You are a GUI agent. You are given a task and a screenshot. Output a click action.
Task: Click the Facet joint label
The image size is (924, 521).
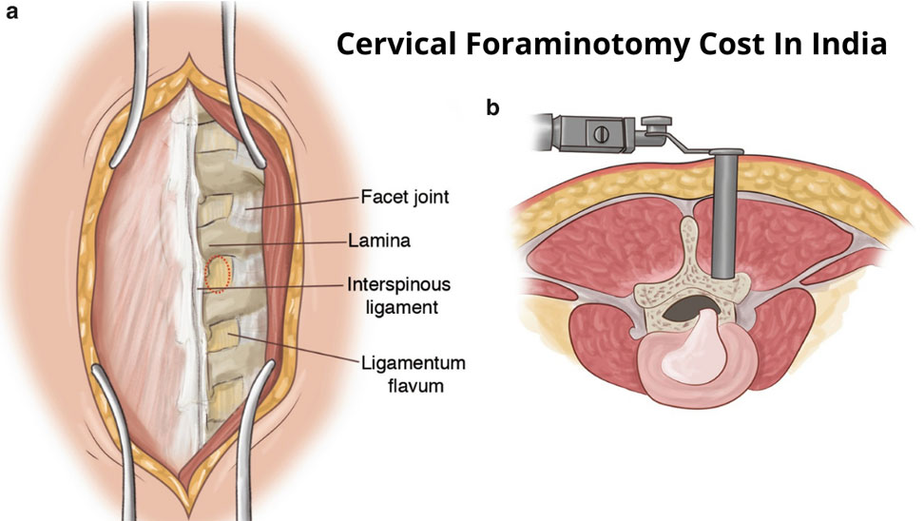click(404, 198)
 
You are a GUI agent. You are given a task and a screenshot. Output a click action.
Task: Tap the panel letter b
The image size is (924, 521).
click(492, 107)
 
